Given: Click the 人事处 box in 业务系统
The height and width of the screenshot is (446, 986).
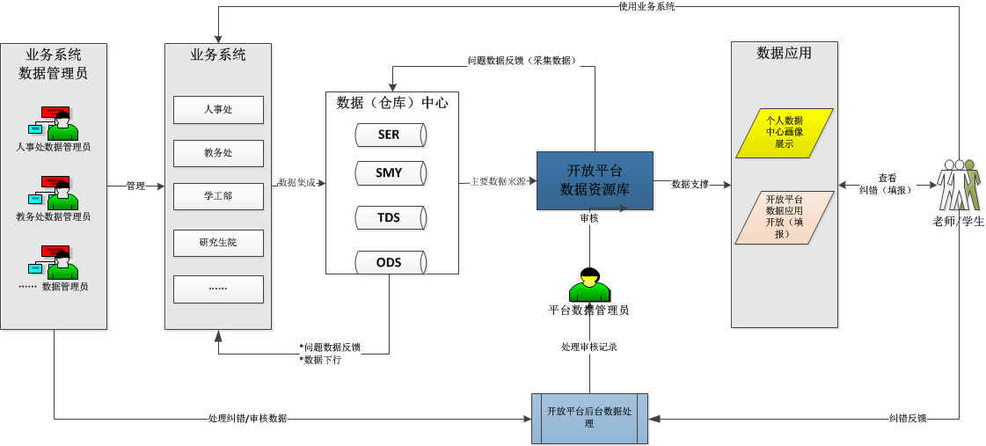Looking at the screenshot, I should tap(218, 110).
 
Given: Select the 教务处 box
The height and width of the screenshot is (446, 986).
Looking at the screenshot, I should tap(218, 153).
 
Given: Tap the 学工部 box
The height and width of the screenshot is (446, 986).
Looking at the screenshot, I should tap(218, 196).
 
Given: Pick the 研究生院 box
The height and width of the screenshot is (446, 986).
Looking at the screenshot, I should tap(218, 242).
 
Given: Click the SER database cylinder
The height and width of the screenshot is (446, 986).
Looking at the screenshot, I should tap(390, 135).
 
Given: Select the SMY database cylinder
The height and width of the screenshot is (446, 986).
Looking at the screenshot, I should tap(390, 173).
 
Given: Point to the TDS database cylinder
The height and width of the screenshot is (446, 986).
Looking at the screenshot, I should tap(390, 217).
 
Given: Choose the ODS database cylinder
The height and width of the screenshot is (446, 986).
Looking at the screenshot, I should tap(390, 262).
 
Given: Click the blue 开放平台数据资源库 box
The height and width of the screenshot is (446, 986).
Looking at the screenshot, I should tap(595, 180).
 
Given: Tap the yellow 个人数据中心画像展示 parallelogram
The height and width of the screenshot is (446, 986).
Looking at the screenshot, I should tap(784, 133).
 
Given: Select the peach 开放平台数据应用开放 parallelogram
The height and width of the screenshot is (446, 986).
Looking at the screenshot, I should tap(784, 216).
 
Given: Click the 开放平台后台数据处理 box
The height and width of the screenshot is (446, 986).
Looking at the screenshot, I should tap(589, 418).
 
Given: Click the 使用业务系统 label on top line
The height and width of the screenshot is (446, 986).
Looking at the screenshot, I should tap(646, 6).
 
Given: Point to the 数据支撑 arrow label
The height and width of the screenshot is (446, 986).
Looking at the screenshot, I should tap(690, 185).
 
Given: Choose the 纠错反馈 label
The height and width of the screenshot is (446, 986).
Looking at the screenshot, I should tap(908, 419).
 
